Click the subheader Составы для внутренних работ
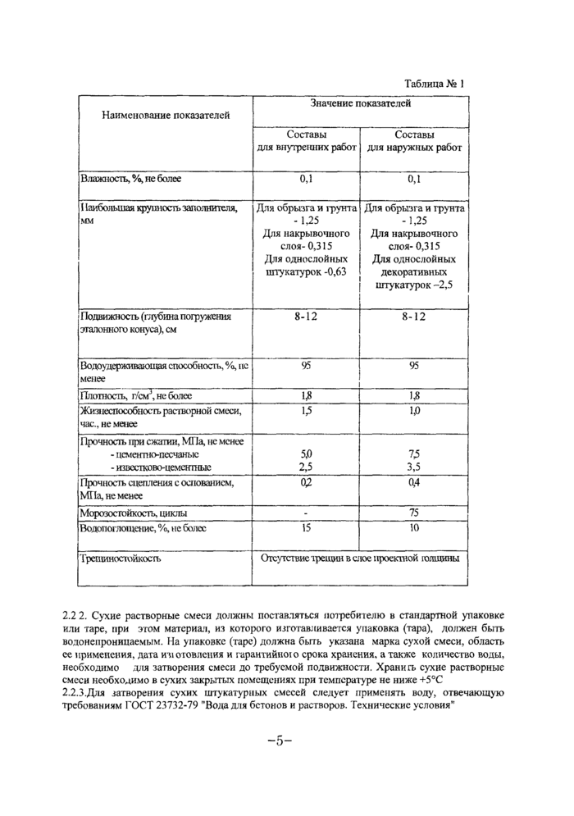pos(306,141)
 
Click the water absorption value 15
pos(306,528)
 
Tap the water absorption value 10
pos(414,528)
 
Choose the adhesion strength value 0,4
pos(414,483)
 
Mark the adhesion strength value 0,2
pos(306,483)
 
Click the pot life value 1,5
pos(306,410)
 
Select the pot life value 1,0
pos(414,410)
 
